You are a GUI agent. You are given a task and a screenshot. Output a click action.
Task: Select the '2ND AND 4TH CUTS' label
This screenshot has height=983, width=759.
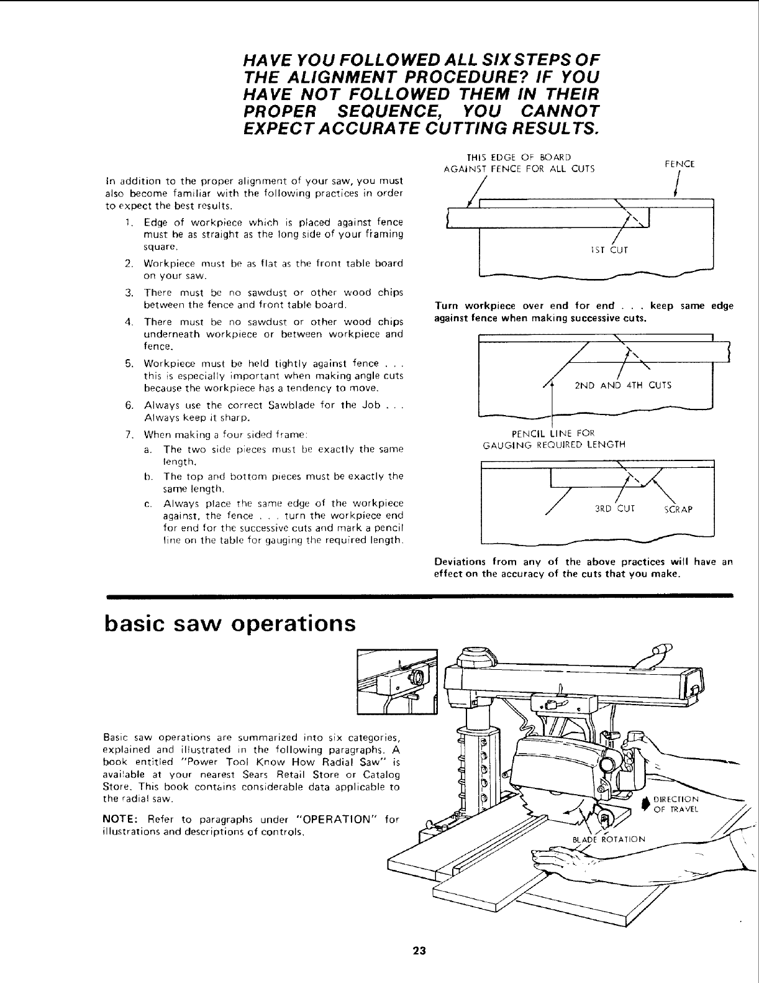622,385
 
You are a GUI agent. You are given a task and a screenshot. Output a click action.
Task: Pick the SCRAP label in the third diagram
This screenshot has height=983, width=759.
678,510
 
